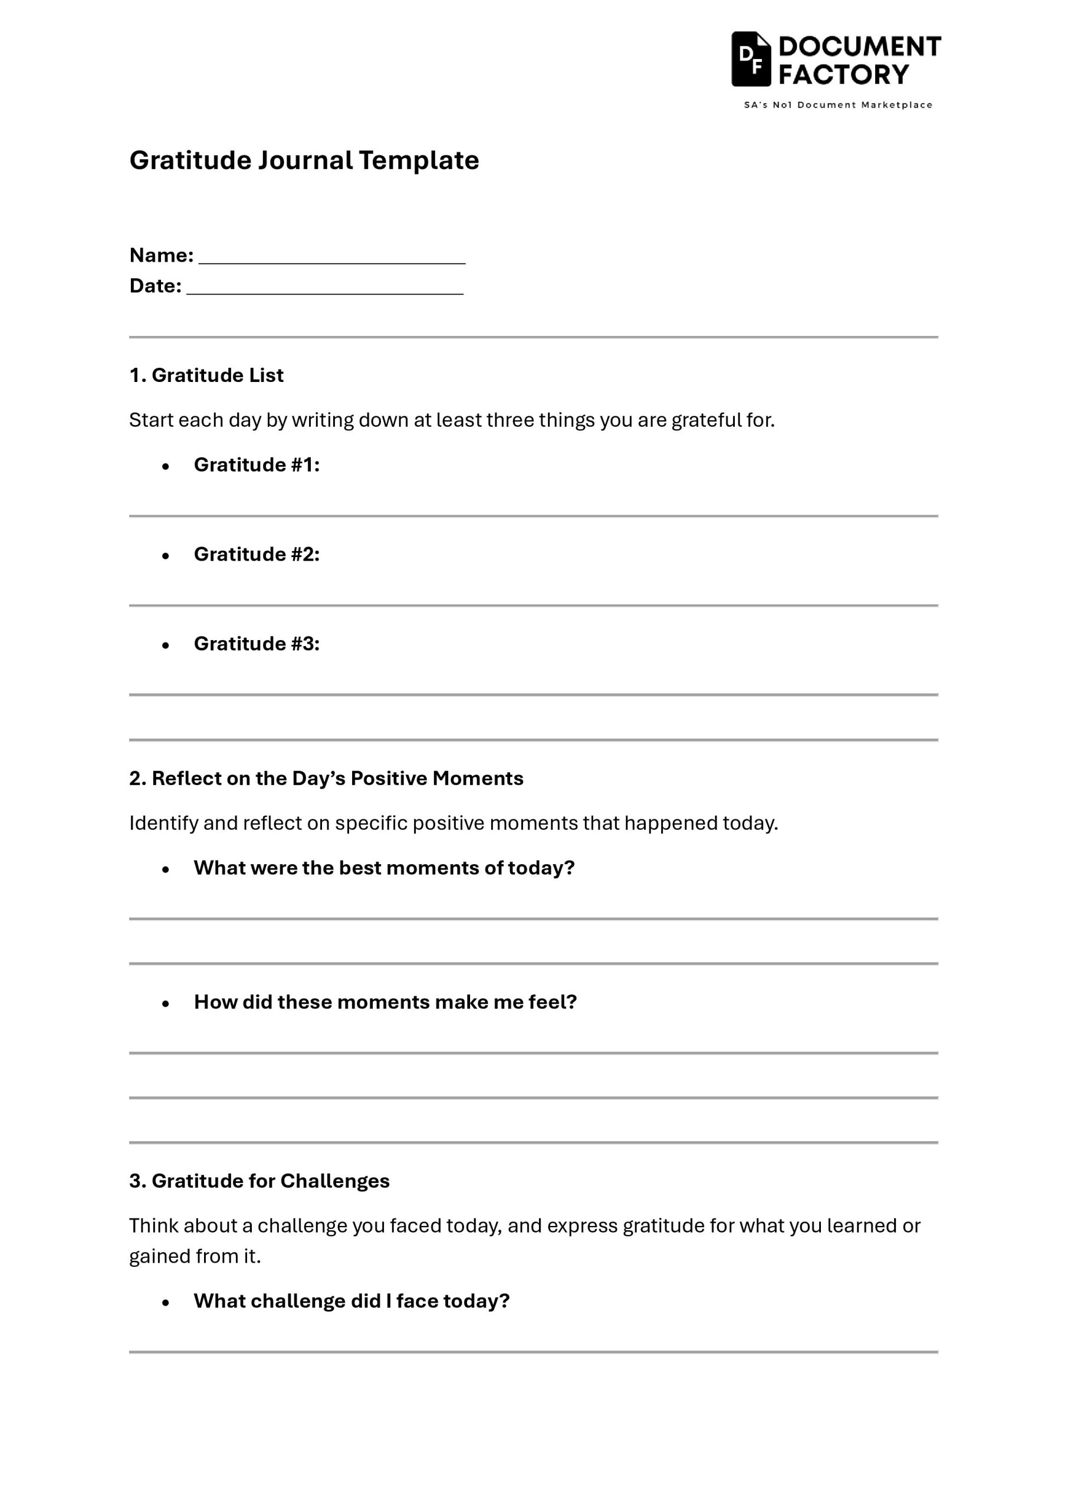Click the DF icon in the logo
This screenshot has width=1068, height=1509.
[x=750, y=59]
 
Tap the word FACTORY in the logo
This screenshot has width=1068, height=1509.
[x=844, y=74]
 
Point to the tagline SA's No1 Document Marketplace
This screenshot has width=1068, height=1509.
[x=838, y=105]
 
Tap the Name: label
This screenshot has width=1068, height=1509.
[x=161, y=255]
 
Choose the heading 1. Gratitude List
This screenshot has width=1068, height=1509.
[x=206, y=375]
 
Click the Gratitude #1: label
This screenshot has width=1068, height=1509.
[x=257, y=464]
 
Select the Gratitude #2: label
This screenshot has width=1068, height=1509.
[x=257, y=554]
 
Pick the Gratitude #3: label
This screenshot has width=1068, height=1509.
[x=257, y=644]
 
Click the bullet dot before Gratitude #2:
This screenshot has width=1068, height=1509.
[x=166, y=556]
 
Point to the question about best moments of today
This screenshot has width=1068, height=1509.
[x=384, y=868]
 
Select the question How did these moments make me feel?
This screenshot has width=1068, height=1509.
[x=385, y=1001]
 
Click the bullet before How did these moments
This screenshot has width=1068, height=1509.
[x=166, y=1004]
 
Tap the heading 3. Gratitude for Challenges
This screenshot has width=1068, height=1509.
[x=259, y=1181]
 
